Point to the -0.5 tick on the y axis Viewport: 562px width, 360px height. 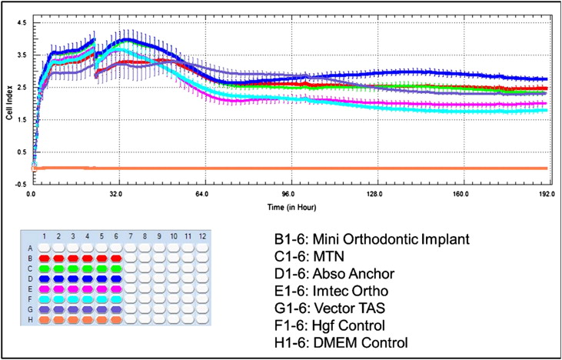(x=19, y=184)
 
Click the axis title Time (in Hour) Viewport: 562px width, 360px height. (x=288, y=207)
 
